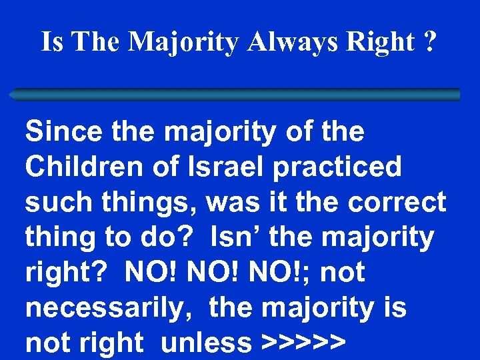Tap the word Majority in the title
(x=183, y=42)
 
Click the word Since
(x=64, y=131)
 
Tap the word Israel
(x=237, y=167)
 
